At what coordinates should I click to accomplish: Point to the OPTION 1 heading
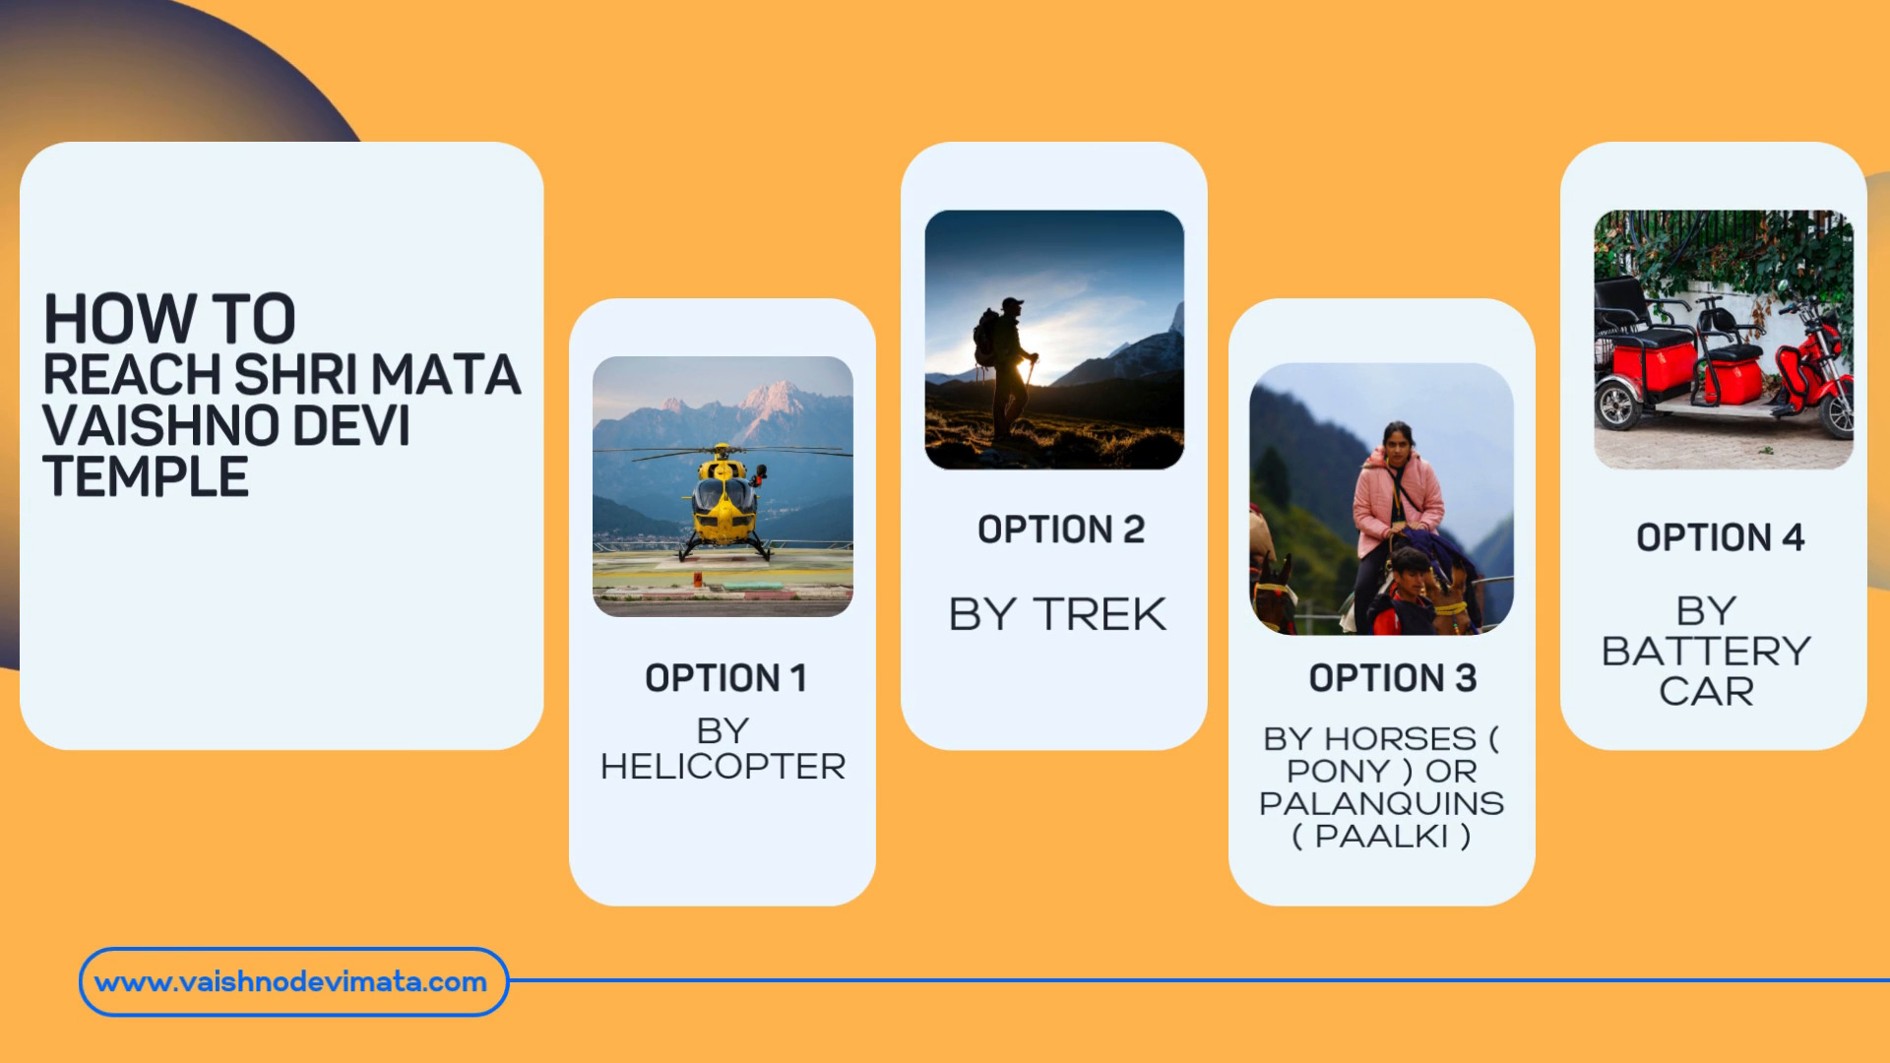(x=725, y=678)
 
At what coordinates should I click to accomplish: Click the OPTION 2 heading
(x=1061, y=530)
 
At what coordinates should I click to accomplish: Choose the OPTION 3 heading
(x=1393, y=678)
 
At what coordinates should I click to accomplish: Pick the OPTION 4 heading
(x=1721, y=537)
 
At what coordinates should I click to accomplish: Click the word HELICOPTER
(x=724, y=767)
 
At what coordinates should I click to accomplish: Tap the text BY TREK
(x=1057, y=614)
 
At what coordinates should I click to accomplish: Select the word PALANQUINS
(x=1381, y=803)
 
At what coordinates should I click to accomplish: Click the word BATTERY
(x=1706, y=652)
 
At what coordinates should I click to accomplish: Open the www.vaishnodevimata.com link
(x=291, y=981)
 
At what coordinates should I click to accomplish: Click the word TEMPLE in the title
(x=146, y=477)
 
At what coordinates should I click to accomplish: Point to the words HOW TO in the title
(x=169, y=318)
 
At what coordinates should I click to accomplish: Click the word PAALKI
(x=1382, y=837)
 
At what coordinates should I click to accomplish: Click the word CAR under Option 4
(x=1707, y=691)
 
